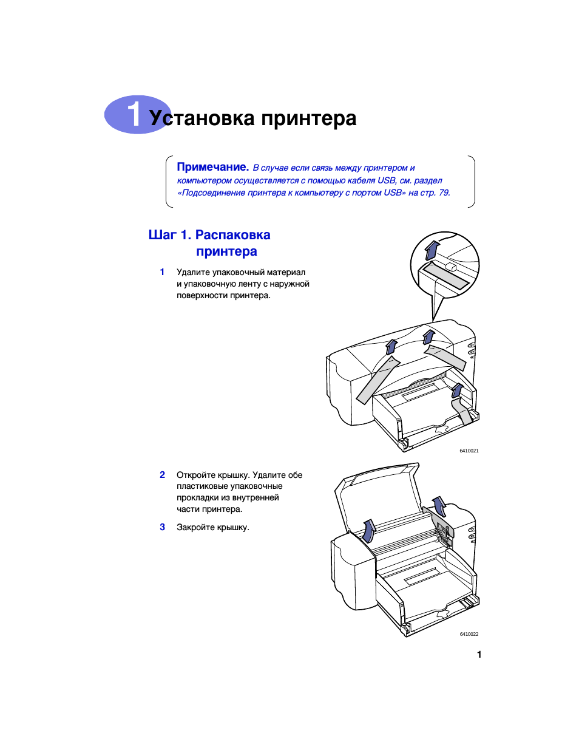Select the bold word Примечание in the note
pyautogui.click(x=213, y=167)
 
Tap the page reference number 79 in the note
pyautogui.click(x=444, y=193)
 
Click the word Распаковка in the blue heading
pyautogui.click(x=233, y=234)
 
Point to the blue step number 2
pyautogui.click(x=162, y=474)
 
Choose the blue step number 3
pyautogui.click(x=162, y=527)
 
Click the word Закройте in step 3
pyautogui.click(x=195, y=527)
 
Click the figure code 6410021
pyautogui.click(x=469, y=451)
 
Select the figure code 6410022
pyautogui.click(x=469, y=634)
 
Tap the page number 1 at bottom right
pyautogui.click(x=479, y=655)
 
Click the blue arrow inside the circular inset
pyautogui.click(x=432, y=250)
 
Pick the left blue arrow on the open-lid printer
pyautogui.click(x=369, y=531)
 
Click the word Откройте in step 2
pyautogui.click(x=196, y=475)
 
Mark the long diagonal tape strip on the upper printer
pyautogui.click(x=378, y=380)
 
